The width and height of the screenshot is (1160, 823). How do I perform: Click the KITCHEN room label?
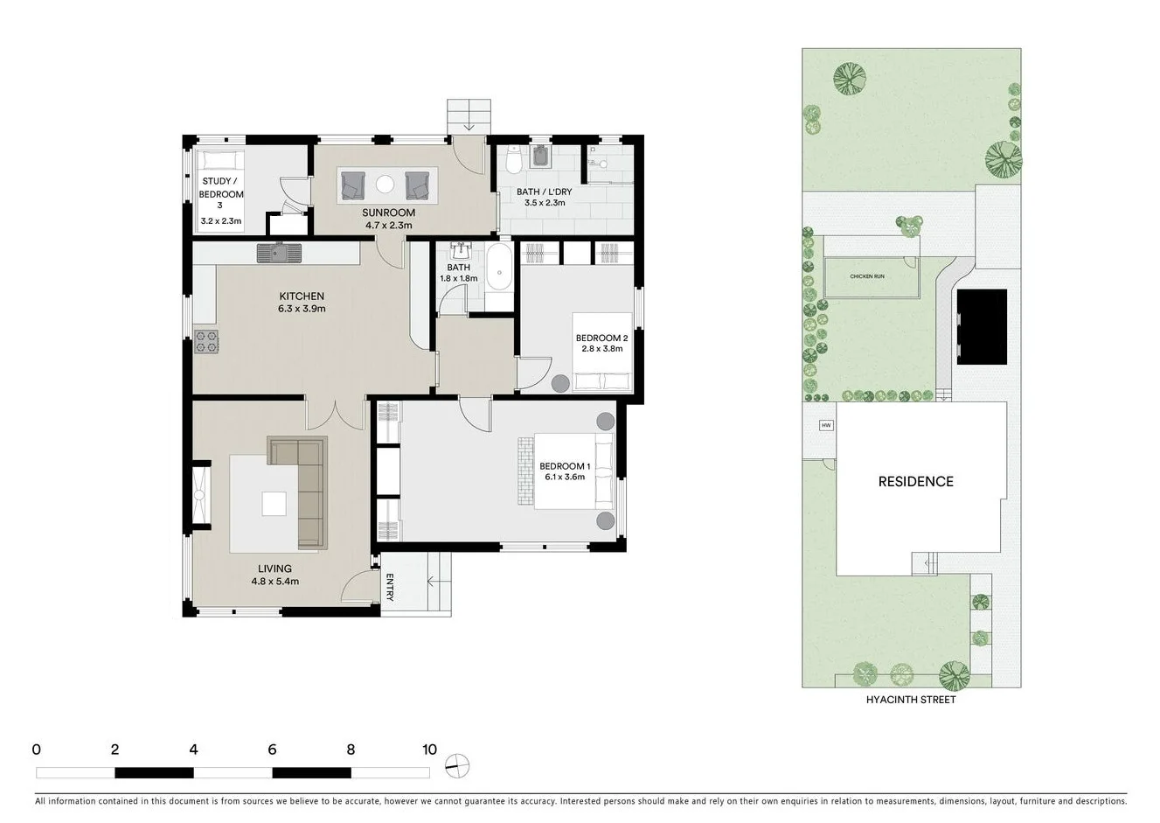coord(302,296)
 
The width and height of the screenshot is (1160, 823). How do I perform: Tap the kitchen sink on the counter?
coord(279,253)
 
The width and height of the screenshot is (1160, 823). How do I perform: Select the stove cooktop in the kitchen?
coord(205,341)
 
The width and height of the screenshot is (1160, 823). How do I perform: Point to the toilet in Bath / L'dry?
coord(514,161)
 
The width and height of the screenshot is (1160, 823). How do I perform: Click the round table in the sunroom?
coord(385,184)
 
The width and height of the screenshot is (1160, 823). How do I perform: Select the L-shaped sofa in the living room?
coord(301,490)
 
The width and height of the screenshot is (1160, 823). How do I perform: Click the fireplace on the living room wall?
coord(200,496)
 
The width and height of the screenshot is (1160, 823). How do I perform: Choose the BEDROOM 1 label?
coord(565,466)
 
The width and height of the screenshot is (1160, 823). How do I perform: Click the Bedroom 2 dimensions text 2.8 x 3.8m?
coord(601,348)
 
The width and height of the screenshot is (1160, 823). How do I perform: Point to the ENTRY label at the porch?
coord(390,587)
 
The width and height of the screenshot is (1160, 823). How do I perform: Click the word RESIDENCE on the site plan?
coord(915,482)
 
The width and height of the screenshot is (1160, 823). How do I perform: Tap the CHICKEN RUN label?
coord(866,276)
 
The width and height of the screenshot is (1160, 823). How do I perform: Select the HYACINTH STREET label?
coord(910,700)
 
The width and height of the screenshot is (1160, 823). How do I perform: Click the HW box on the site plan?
coord(825,426)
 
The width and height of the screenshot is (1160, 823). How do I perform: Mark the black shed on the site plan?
coord(982,326)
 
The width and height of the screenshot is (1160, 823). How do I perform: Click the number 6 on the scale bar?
coord(272,750)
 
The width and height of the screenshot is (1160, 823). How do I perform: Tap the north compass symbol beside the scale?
coord(457,766)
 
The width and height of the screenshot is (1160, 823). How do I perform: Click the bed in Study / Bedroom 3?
coord(217,163)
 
